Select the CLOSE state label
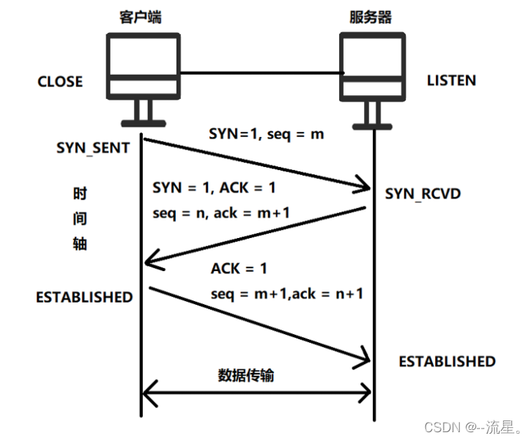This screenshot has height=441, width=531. pos(60,81)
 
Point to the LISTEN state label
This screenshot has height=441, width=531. pos(451,80)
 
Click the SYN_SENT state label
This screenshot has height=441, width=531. pos(93,147)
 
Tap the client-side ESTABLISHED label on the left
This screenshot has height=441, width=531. pos(84,297)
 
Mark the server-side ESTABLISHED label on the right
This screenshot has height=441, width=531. pos(447,361)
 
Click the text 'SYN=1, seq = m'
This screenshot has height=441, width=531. pos(266,135)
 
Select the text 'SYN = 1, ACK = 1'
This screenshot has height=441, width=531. pos(214,188)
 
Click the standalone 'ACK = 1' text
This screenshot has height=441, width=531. pos(239,269)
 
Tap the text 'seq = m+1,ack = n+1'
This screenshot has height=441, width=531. pos(287,293)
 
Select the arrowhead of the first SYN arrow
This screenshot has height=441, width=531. pos(363,188)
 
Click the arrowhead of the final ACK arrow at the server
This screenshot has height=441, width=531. pos(363,359)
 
